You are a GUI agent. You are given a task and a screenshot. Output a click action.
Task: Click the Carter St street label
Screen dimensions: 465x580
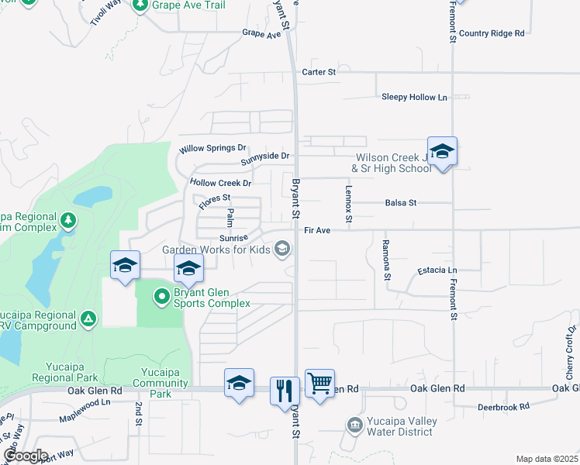coord(319,72)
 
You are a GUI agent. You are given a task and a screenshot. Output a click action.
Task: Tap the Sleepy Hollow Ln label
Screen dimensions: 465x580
coord(414,98)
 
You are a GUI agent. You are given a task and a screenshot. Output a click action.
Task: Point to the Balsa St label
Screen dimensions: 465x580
coord(401,203)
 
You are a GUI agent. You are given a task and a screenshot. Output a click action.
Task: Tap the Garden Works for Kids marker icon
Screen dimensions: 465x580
coord(282,248)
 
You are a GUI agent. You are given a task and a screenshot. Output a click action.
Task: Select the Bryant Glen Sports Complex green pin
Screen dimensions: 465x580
coord(161,295)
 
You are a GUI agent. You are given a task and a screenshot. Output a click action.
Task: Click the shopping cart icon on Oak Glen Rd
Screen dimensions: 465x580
coord(319,384)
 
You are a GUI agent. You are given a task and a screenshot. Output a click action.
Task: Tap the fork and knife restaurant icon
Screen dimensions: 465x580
coord(285,390)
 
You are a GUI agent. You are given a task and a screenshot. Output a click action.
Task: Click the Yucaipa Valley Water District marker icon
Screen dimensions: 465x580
coord(354,425)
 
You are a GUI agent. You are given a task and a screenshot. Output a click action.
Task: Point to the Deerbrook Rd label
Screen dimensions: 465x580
coord(502,406)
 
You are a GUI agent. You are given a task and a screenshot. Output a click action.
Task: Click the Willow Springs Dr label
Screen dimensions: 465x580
coord(212,148)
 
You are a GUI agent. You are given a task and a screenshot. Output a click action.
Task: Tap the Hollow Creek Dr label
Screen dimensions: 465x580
coord(221,184)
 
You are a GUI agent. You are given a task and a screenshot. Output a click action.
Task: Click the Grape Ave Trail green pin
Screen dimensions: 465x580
coord(140,6)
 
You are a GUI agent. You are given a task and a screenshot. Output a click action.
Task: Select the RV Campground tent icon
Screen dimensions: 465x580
coord(89,318)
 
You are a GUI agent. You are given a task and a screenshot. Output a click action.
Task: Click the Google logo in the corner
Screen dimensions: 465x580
coord(26,455)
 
